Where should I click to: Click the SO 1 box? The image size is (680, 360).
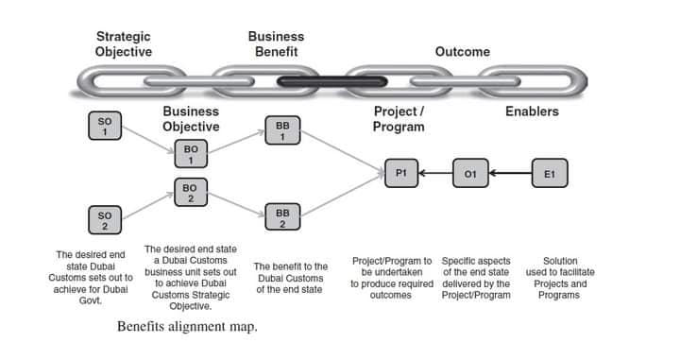pos(105,126)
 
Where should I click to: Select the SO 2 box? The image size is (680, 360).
pos(105,220)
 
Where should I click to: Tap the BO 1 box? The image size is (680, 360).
pos(191,153)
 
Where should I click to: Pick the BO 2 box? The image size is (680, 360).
pos(191,192)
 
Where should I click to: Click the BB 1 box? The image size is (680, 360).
pos(282,130)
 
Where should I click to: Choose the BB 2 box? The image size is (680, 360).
pos(282,217)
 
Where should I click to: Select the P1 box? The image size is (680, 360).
pos(401,173)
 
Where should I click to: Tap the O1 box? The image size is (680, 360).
pos(470,173)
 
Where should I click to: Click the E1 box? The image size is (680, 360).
pos(550,173)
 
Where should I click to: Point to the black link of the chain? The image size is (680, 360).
pos(331,81)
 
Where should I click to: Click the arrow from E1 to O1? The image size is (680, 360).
pos(510,173)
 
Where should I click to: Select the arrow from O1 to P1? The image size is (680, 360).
pos(435,173)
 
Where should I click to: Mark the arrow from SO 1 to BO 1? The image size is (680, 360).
pos(148,139)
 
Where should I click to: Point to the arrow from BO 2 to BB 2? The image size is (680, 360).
pos(236,204)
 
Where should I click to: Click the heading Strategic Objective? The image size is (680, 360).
pos(124,43)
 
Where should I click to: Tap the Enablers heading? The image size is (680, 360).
pos(532,111)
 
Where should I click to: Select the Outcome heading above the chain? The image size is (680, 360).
pos(463,52)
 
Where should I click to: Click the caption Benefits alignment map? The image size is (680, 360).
pos(187,326)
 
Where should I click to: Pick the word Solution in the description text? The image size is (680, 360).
pos(560,261)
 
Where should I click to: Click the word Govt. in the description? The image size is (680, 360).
pos(91,300)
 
